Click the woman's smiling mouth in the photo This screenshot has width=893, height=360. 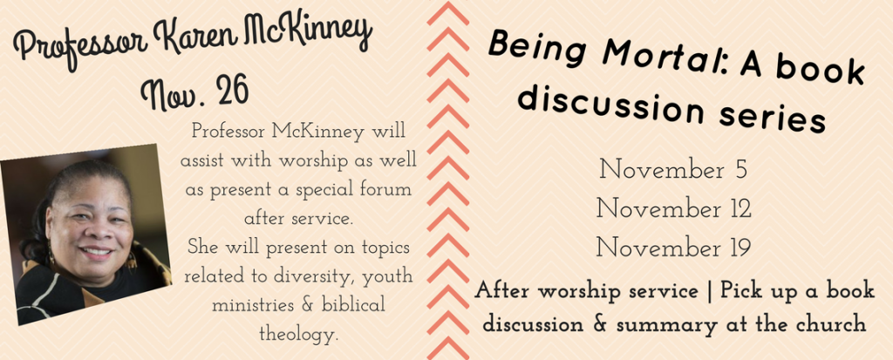pyautogui.click(x=98, y=251)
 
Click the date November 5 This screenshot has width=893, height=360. pyautogui.click(x=673, y=170)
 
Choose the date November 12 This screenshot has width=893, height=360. pyautogui.click(x=674, y=208)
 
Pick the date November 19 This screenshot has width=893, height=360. pyautogui.click(x=673, y=248)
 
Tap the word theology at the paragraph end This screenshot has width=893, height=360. pyautogui.click(x=298, y=334)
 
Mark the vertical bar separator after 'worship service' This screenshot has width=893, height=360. pyautogui.click(x=709, y=292)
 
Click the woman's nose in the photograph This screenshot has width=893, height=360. pyautogui.click(x=92, y=231)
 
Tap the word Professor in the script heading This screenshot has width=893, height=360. pyautogui.click(x=78, y=49)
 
